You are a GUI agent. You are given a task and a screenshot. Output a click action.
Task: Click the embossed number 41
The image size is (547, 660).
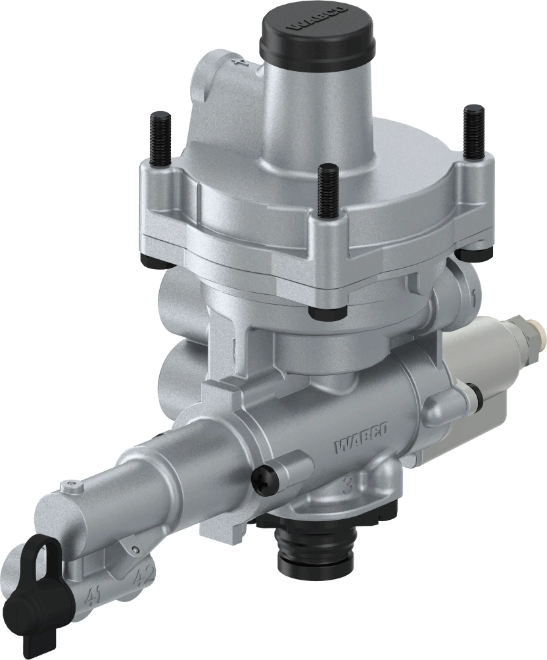(94, 597)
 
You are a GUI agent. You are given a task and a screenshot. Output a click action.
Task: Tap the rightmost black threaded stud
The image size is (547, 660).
(473, 132)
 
